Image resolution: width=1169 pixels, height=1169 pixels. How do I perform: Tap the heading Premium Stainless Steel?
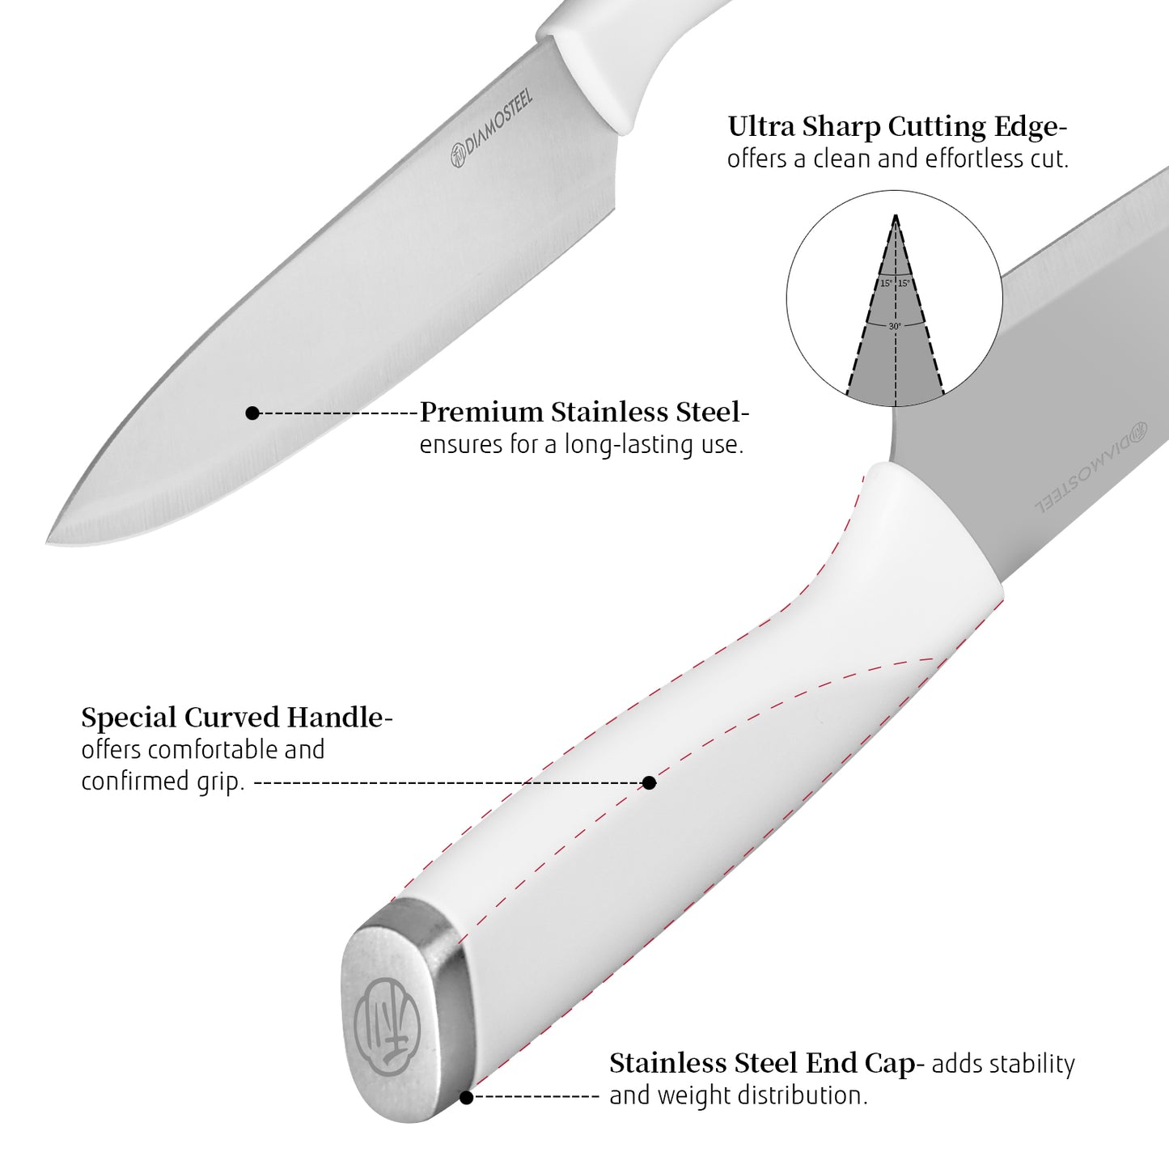(x=580, y=413)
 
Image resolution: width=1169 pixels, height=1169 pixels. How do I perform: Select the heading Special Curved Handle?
(x=232, y=718)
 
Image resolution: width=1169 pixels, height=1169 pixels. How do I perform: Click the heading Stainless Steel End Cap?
(x=761, y=1063)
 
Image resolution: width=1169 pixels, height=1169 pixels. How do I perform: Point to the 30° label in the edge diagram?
(x=895, y=326)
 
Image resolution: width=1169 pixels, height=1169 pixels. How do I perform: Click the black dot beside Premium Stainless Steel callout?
(x=252, y=413)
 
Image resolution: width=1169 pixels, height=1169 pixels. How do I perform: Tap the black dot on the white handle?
(x=649, y=782)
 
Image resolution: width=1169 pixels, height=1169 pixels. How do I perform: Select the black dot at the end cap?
(x=466, y=1097)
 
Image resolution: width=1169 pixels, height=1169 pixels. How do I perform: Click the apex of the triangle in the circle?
(x=896, y=215)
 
